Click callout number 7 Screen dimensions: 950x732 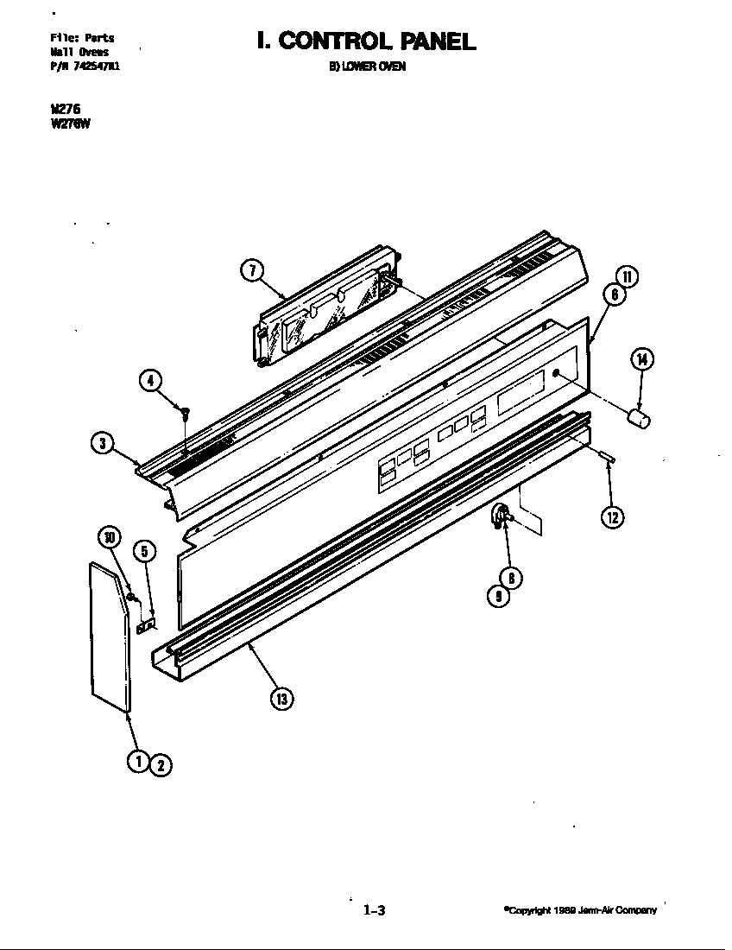pyautogui.click(x=250, y=269)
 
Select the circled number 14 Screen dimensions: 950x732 pyautogui.click(x=642, y=359)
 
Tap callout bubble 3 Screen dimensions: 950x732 pyautogui.click(x=103, y=444)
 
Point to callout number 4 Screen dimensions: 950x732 pyautogui.click(x=152, y=380)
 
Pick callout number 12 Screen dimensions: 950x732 pyautogui.click(x=612, y=516)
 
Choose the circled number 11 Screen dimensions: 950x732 pyautogui.click(x=628, y=276)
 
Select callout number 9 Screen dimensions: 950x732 pyautogui.click(x=495, y=596)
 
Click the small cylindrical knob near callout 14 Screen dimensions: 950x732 pyautogui.click(x=640, y=419)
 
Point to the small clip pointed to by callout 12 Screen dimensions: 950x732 pyautogui.click(x=606, y=456)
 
